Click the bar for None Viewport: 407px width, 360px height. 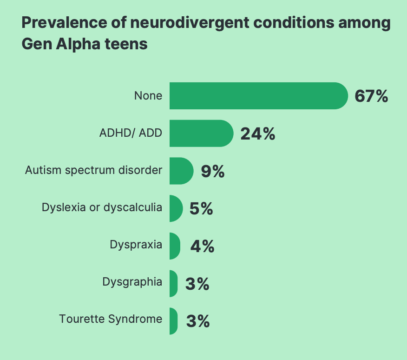(x=258, y=96)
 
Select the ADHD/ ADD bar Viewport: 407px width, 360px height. (x=201, y=133)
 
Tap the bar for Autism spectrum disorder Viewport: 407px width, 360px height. (x=181, y=171)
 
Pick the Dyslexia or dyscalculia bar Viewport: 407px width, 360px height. (x=176, y=208)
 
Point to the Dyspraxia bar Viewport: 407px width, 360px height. (x=174, y=246)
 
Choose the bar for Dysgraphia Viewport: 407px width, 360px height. (x=173, y=283)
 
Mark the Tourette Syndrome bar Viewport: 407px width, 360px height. (x=173, y=321)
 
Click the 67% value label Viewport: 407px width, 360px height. (x=371, y=96)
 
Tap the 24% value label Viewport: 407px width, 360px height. (x=258, y=134)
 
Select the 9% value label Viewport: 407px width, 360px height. (x=213, y=171)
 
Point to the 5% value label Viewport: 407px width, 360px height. (x=201, y=209)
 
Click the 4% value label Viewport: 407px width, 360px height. (x=202, y=246)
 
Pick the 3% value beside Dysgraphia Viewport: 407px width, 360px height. (x=197, y=284)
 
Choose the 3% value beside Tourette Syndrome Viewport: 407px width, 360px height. (x=198, y=321)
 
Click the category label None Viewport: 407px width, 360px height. (x=148, y=96)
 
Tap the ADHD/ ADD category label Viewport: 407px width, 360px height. (x=131, y=133)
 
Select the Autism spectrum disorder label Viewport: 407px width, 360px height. (x=93, y=170)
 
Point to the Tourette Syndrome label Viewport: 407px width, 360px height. (x=111, y=319)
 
